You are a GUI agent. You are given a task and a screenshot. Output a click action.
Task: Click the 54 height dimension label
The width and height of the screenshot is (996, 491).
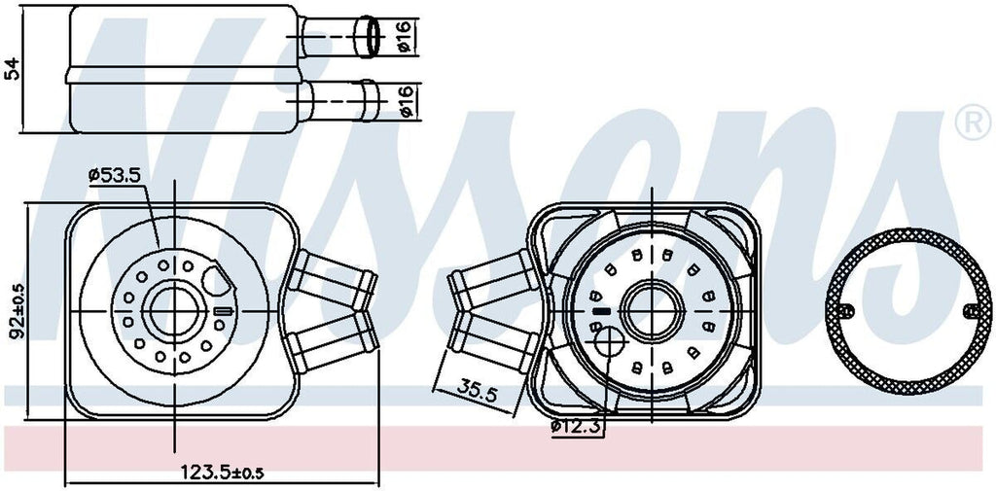[x=13, y=69]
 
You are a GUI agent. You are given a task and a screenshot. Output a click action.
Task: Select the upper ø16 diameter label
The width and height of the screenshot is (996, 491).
[x=406, y=36]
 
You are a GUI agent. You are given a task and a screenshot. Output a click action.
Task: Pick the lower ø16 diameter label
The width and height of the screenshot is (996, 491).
[x=406, y=100]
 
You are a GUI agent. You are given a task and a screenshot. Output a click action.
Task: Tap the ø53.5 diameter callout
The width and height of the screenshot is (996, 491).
[x=115, y=175]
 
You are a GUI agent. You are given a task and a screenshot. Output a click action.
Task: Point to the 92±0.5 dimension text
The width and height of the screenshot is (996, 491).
[x=18, y=310]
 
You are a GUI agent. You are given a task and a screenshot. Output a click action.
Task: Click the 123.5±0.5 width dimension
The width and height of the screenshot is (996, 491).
[x=223, y=472]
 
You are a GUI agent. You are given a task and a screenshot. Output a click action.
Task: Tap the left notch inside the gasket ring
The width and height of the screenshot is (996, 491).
[x=845, y=310]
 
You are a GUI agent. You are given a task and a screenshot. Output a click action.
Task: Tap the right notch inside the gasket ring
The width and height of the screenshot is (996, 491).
[x=973, y=310]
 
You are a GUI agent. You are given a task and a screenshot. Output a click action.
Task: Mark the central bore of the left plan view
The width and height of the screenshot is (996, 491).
[x=174, y=310]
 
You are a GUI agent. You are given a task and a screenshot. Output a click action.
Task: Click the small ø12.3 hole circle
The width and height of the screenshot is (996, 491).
[x=609, y=343]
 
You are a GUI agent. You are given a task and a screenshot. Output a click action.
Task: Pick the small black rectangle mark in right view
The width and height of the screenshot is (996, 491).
[x=601, y=311]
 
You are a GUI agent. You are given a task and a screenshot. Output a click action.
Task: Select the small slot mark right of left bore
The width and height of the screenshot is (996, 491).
[x=223, y=310]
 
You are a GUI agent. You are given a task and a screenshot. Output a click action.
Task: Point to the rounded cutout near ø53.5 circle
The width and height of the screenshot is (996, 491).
[x=218, y=280]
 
